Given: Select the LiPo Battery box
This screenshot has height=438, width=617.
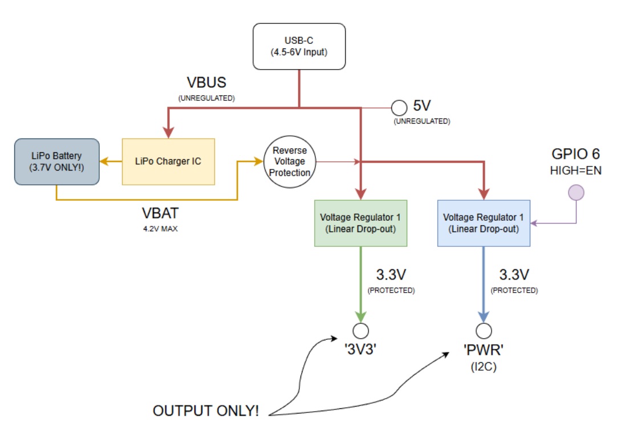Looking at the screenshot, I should (56, 161).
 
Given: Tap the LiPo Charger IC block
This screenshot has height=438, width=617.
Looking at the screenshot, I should (168, 161).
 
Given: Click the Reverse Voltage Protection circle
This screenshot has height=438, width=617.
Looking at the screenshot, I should (290, 161).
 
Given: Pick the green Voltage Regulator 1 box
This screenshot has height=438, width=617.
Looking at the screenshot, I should (360, 223).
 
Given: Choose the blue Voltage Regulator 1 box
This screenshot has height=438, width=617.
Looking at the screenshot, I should (484, 223).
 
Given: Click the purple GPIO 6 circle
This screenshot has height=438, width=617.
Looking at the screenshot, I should (576, 193).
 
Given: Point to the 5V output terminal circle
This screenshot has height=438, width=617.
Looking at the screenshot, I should (399, 107).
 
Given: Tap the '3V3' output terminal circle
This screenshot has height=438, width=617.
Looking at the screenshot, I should (360, 331).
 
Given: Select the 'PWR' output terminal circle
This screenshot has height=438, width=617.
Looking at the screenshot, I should (484, 331).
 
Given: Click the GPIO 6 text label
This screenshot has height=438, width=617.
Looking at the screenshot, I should (576, 154).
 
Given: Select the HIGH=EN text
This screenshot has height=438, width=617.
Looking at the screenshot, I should (576, 170).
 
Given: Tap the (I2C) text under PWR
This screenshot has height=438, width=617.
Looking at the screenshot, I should (484, 367).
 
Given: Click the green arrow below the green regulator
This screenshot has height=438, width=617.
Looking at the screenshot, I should (360, 285).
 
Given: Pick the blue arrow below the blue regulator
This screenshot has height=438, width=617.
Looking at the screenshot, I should (484, 285).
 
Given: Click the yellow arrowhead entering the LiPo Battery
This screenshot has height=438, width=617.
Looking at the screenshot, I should (104, 161).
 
